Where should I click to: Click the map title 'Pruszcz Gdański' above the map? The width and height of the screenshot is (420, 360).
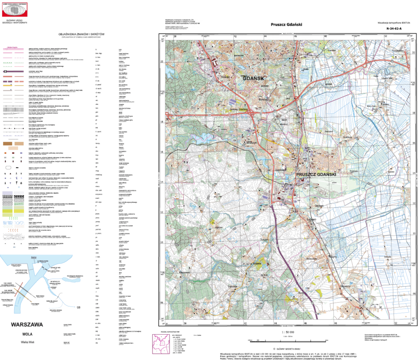(x=286, y=24)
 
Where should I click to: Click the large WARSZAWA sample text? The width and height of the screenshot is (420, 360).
(x=26, y=324)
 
